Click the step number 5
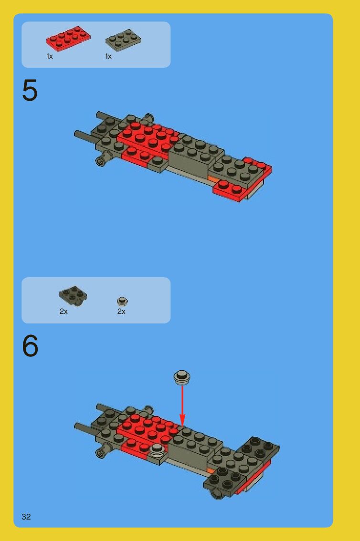tap(30, 90)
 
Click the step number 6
tap(30, 346)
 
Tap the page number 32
tap(26, 517)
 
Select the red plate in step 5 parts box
tap(68, 38)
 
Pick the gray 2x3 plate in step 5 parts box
tap(123, 40)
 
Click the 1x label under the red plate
tap(50, 56)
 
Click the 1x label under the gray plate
tap(108, 56)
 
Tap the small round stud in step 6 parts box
tap(122, 302)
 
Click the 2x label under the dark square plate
tap(64, 311)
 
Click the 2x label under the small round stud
tap(121, 311)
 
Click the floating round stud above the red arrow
tap(182, 377)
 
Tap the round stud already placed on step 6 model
tap(157, 449)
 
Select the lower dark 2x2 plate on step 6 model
tap(226, 480)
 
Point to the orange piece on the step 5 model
tap(213, 179)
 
